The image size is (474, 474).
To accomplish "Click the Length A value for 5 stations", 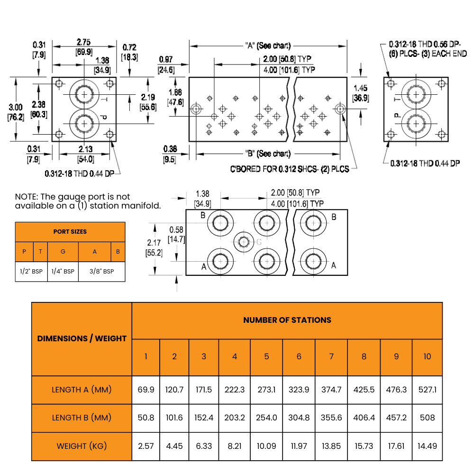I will (x=266, y=390).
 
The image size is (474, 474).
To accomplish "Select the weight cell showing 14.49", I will (x=427, y=446).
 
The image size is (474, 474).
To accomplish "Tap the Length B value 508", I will (x=427, y=418).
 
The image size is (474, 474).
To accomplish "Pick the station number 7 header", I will (x=331, y=357).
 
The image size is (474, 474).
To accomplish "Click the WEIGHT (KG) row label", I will (x=82, y=446).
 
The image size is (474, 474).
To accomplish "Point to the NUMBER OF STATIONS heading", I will (x=287, y=320).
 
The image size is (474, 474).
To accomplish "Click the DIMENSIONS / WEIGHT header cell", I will (x=82, y=338).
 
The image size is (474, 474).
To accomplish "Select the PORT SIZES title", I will (x=70, y=232).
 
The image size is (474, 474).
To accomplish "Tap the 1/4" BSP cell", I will (x=63, y=272).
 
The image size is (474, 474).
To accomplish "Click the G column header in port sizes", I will (x=63, y=252).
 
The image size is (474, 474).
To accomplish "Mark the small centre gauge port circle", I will (x=244, y=242).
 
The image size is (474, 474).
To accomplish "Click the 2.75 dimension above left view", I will (x=84, y=42).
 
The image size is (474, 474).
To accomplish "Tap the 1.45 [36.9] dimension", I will (x=360, y=93).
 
